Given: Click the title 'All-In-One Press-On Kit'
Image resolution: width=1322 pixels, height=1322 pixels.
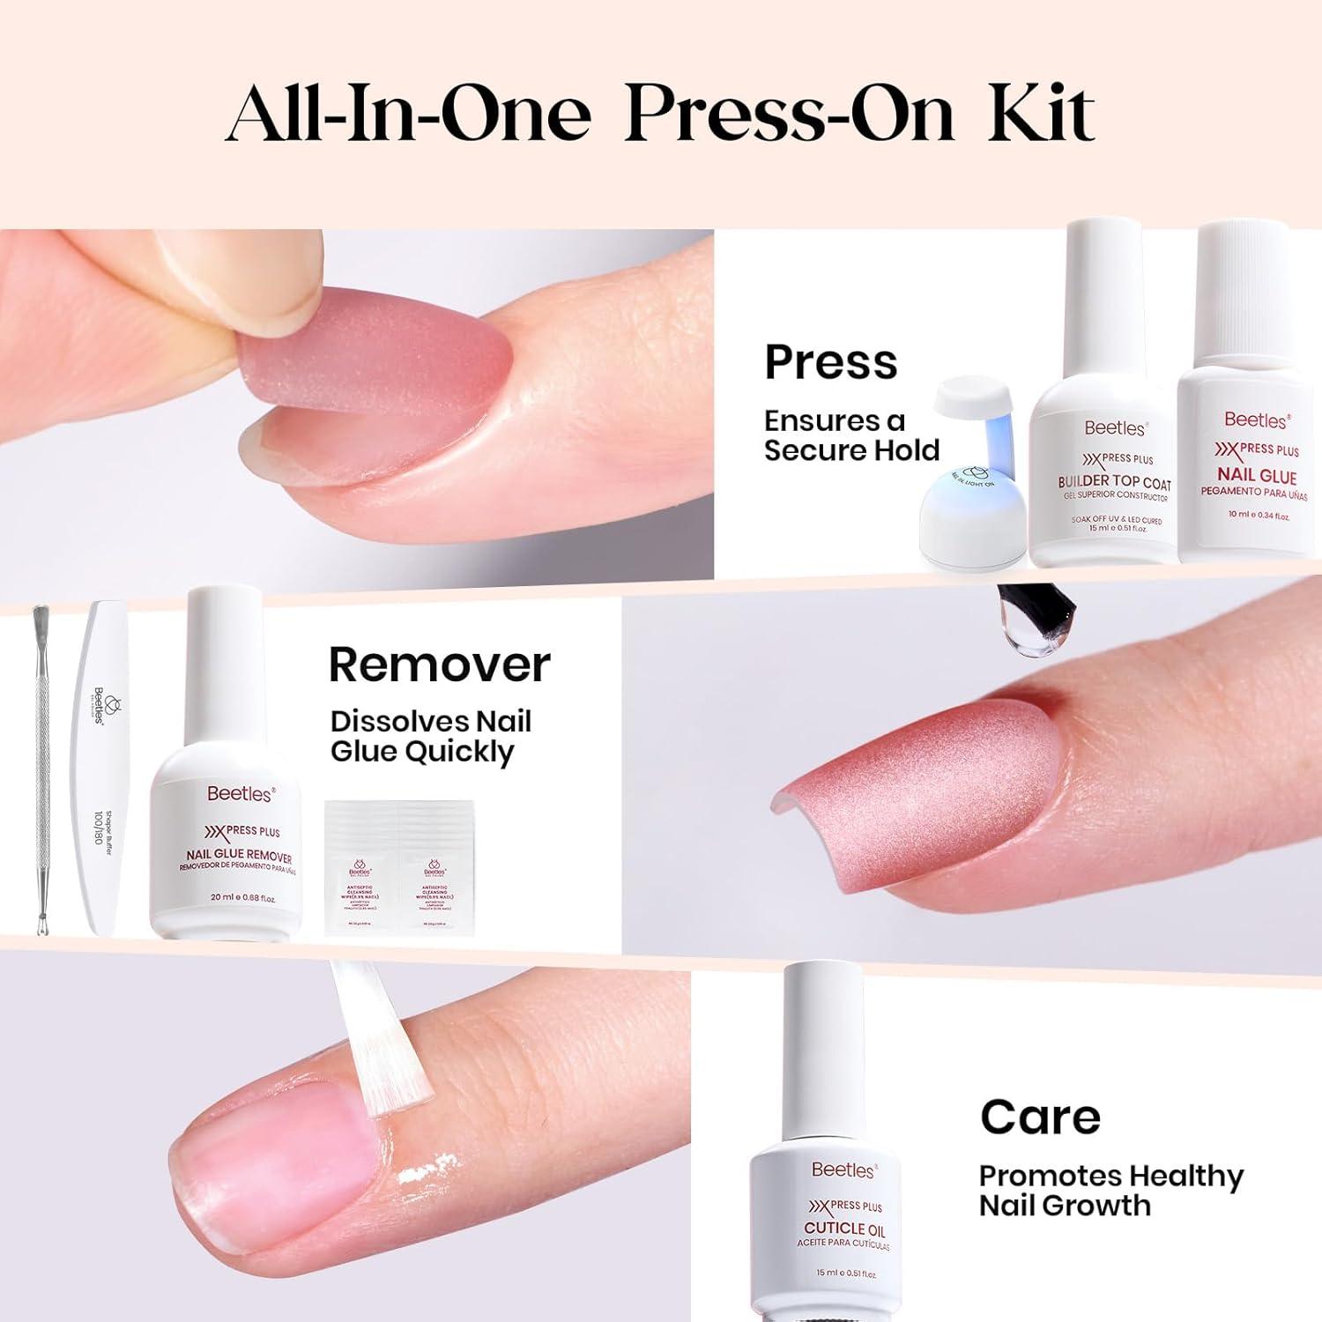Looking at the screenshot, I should coord(661,115).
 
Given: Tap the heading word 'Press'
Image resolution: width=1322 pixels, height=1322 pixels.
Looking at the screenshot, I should coord(830,362).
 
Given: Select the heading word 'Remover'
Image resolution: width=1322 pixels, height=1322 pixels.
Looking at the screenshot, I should coord(439,665).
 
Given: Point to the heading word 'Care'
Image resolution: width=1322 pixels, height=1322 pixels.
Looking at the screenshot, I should coord(1040,1118).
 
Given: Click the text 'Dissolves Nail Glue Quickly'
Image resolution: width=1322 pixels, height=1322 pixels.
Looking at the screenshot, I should coord(430,737).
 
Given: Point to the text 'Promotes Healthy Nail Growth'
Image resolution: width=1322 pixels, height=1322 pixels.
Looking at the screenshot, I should coord(1110,1190).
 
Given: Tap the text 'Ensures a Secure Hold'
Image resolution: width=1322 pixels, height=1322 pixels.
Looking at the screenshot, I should coord(850,435).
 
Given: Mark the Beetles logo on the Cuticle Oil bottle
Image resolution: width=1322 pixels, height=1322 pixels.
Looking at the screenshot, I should coord(843,1170).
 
